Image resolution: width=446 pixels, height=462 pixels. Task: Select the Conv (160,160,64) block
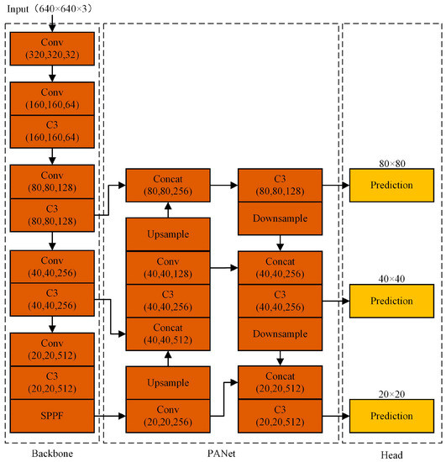tap(52, 98)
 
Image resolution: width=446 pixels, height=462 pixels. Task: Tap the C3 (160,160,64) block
tap(52, 131)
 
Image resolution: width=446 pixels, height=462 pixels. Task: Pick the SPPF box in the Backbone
tap(52, 415)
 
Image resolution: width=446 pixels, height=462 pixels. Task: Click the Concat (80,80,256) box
tap(167, 185)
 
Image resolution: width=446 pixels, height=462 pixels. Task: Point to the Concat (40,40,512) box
tap(167, 333)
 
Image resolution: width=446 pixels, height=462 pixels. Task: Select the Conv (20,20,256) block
tap(167, 415)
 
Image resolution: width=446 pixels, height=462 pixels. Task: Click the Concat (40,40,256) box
tap(280, 266)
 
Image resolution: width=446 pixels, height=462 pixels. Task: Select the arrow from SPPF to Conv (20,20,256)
tap(112, 415)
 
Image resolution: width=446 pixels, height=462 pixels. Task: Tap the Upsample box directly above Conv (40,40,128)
tap(167, 233)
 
